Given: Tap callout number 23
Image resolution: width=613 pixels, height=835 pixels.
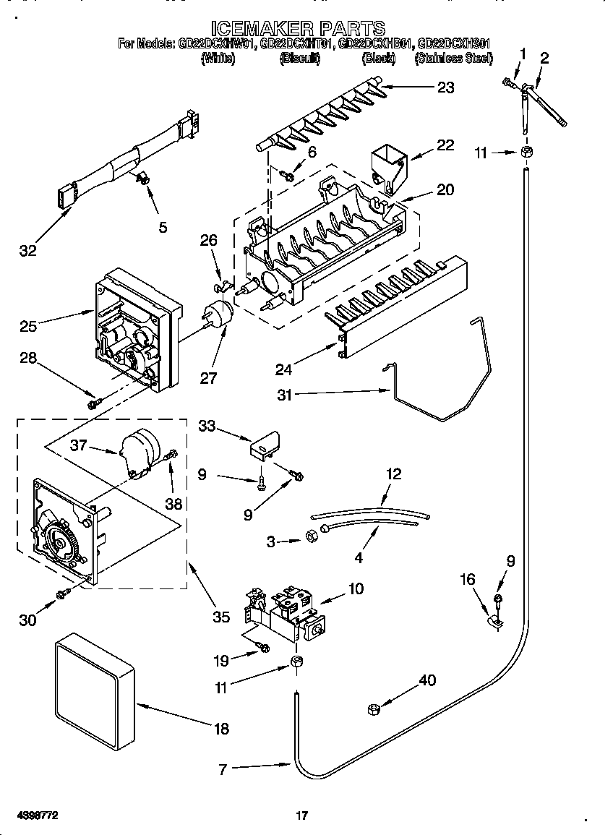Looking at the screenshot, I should (445, 87).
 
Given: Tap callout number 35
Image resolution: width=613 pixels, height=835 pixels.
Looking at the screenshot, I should (221, 617).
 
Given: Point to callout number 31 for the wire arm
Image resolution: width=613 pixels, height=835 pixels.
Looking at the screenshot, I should (285, 394).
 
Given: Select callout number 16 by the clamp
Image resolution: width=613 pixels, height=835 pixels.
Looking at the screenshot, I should (468, 578).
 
